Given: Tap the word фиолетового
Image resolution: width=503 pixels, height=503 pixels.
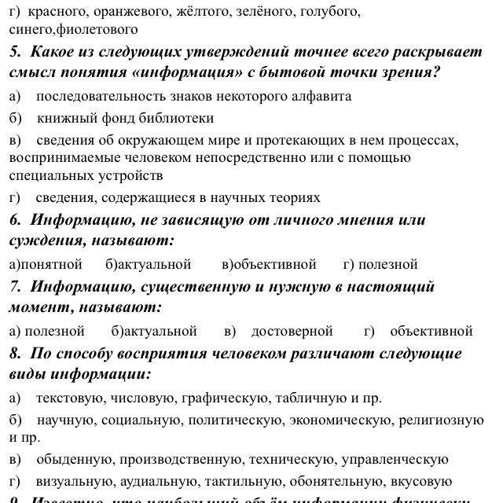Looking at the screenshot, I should (102, 30).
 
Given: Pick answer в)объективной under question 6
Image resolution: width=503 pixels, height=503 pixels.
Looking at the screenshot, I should (269, 264).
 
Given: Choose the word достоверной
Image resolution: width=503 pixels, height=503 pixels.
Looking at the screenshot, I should (292, 331).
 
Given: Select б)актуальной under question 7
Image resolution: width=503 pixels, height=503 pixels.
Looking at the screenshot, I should (154, 331).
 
